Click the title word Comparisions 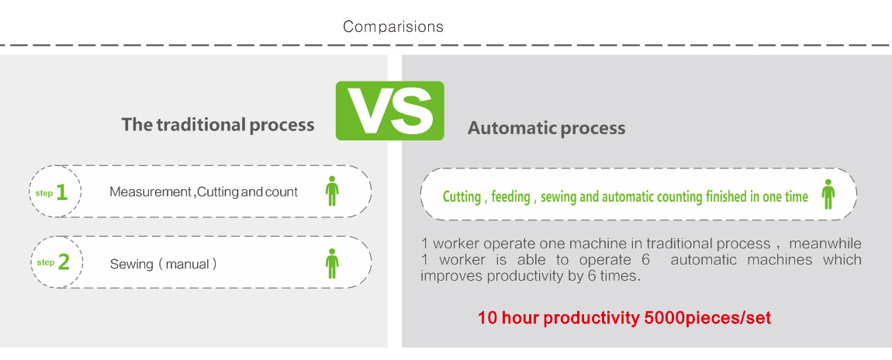pos(393,26)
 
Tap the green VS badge pos(389,111)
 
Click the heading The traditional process pos(218,125)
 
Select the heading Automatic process pos(546,128)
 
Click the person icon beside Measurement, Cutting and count pos(332,191)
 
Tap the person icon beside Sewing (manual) pos(332,262)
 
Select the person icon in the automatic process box pos(828,194)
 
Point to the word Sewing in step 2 pos(131,264)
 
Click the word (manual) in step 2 pos(188,264)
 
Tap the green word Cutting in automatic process pos(462,197)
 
